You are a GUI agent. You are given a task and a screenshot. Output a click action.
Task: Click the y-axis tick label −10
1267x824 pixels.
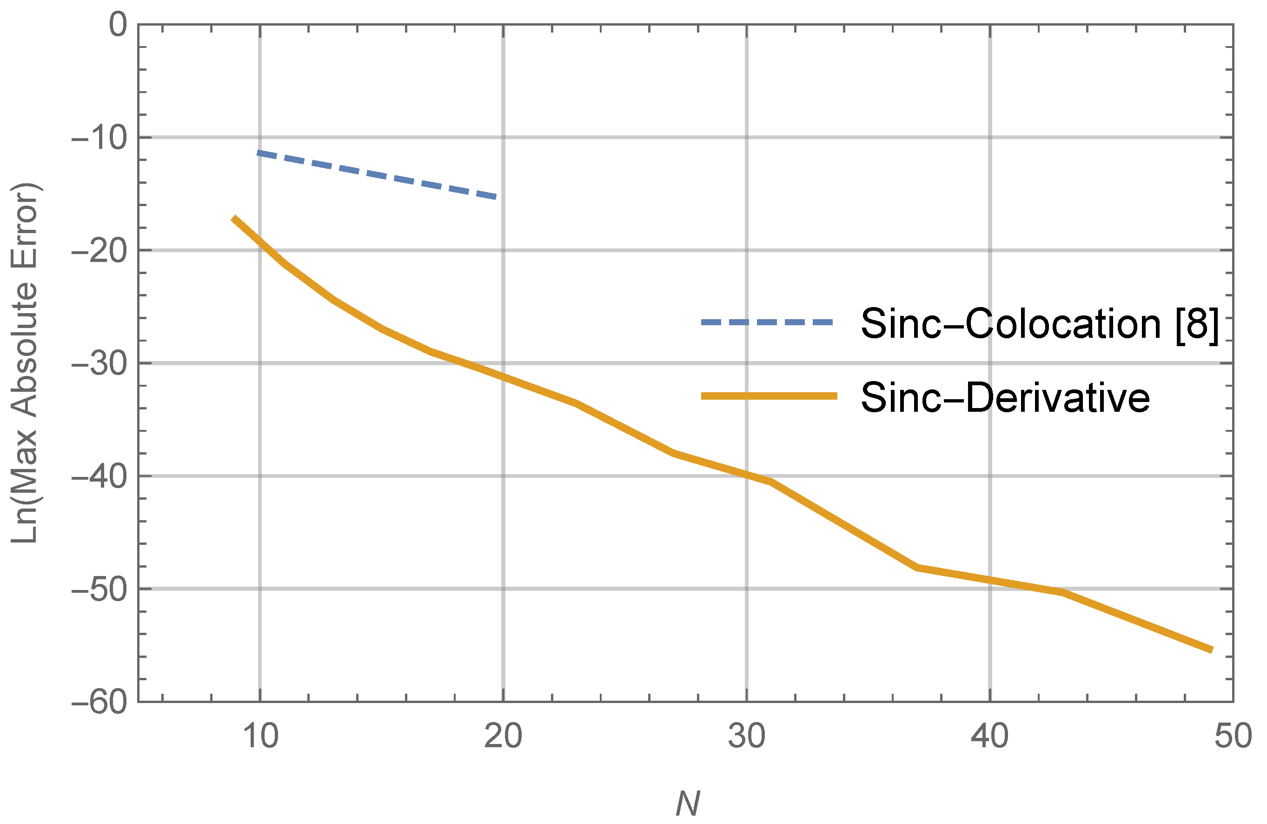point(100,139)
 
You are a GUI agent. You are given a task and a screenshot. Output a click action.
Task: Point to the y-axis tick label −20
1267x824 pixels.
point(100,251)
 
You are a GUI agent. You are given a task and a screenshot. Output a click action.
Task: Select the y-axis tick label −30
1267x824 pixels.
point(100,365)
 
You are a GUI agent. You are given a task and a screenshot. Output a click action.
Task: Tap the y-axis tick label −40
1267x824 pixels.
point(100,478)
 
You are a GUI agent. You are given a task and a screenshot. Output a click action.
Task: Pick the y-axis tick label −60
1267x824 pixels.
point(100,703)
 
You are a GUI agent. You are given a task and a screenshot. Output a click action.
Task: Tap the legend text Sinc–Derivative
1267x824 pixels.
point(1005,397)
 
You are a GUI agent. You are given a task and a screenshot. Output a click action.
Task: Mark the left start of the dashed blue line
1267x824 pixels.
point(258,154)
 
